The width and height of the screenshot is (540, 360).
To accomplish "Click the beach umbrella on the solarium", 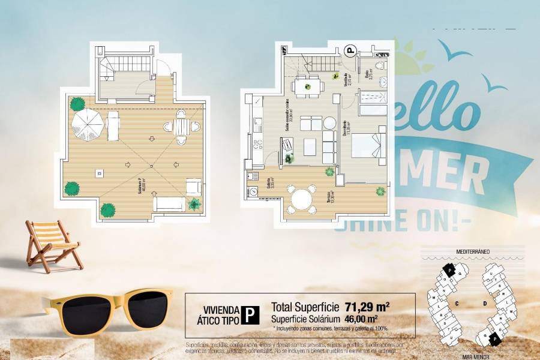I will point(88,124).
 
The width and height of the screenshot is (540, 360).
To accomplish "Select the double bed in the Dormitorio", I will point(364,146).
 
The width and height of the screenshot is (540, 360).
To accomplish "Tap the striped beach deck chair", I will point(52,242).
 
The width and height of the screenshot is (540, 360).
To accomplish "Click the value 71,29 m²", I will point(367,307).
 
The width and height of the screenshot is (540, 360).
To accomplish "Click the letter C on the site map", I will point(457,304).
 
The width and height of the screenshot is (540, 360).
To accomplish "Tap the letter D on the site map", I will point(484,304).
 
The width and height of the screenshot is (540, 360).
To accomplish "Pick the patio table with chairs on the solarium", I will point(181,127).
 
